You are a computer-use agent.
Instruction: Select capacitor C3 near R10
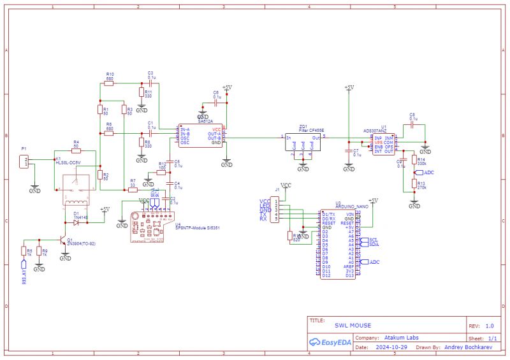tap(150, 83)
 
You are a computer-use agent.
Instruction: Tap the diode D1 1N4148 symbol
tap(76, 222)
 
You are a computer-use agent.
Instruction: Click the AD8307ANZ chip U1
tap(384, 144)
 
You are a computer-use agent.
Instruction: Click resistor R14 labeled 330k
tap(414, 160)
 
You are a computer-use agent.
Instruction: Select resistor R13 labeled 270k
tap(414, 185)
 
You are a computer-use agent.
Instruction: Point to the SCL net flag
tap(373, 240)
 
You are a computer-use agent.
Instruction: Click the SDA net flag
tap(373, 245)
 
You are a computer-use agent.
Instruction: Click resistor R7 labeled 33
tap(133, 189)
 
